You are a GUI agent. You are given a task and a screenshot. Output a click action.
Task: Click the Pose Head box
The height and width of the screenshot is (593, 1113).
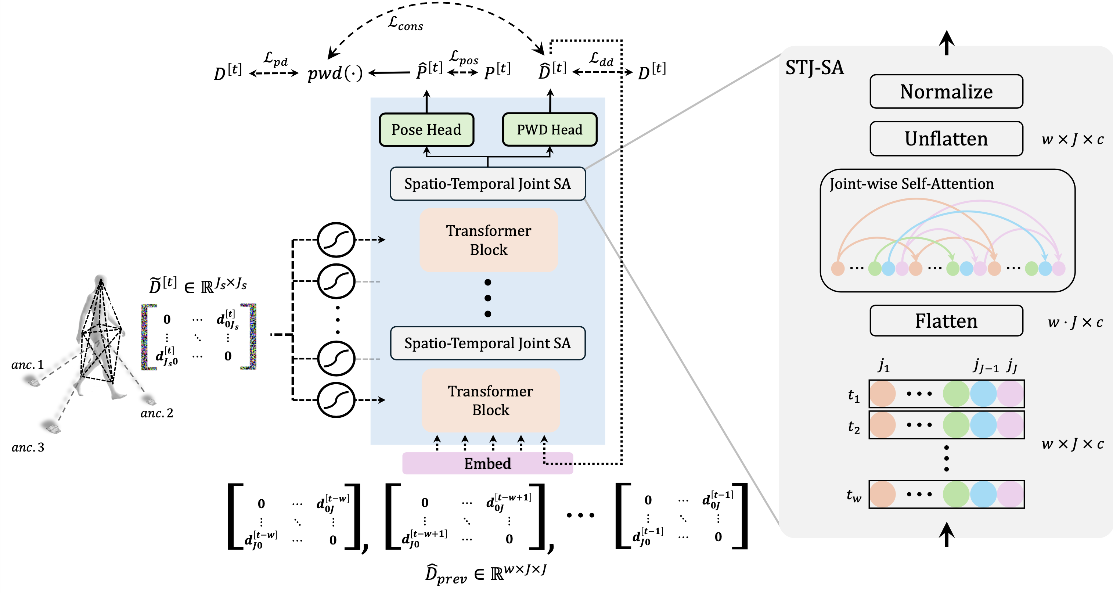click(x=426, y=130)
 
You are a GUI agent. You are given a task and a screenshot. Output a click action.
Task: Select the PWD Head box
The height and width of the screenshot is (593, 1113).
click(x=549, y=130)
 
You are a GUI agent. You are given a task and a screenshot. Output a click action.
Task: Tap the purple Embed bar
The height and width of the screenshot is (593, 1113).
click(x=487, y=463)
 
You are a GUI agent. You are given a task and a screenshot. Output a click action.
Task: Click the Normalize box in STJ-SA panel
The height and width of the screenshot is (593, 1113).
click(x=946, y=91)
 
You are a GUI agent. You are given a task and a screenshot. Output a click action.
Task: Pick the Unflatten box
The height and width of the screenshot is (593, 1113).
click(x=946, y=139)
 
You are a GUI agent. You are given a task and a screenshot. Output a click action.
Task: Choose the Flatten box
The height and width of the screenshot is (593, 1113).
click(x=946, y=321)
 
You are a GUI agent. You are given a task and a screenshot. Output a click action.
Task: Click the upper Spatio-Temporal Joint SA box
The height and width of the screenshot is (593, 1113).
click(x=487, y=184)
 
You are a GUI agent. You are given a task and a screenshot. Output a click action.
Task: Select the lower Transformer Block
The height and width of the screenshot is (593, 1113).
click(x=490, y=400)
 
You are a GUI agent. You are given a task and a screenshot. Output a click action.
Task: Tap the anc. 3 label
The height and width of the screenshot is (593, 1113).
click(x=28, y=448)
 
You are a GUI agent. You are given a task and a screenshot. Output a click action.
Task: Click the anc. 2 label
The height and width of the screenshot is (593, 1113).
click(x=156, y=413)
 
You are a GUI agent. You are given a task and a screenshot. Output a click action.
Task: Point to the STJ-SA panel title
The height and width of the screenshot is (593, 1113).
click(x=814, y=68)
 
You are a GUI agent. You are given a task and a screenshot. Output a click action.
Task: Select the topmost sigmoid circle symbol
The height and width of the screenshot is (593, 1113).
click(x=336, y=240)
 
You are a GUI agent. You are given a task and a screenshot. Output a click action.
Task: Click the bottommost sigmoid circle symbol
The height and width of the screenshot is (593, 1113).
click(x=336, y=400)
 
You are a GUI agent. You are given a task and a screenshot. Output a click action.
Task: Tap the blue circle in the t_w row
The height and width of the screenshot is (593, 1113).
click(x=983, y=494)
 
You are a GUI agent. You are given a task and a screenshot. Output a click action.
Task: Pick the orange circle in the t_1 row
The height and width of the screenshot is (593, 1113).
click(x=882, y=394)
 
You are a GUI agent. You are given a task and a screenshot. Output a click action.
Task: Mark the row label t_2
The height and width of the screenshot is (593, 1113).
click(x=854, y=427)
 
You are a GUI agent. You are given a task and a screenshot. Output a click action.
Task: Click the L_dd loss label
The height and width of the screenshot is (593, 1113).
click(x=601, y=59)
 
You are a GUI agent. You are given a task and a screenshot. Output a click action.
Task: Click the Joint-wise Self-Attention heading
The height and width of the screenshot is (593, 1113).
click(x=912, y=184)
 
